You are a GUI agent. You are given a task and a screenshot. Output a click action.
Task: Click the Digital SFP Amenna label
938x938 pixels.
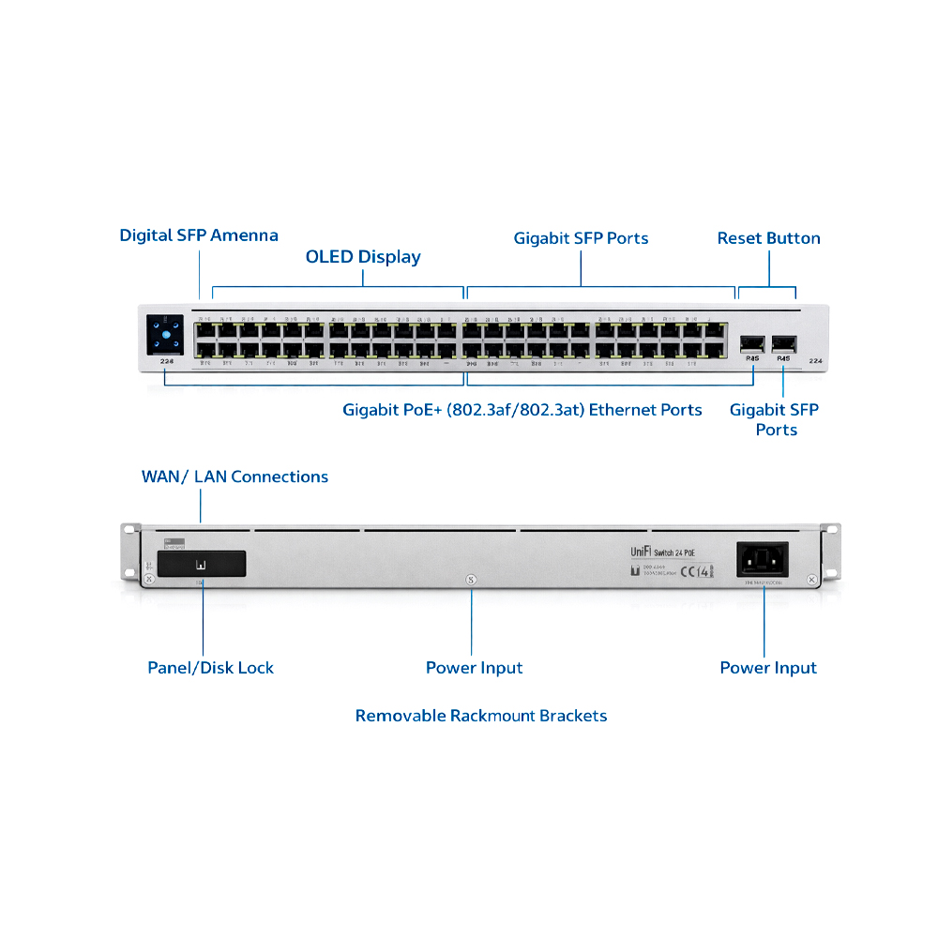(x=199, y=234)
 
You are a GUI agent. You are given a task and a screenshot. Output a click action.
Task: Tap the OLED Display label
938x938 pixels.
(x=363, y=256)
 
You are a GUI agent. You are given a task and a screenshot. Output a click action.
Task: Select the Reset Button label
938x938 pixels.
(x=768, y=238)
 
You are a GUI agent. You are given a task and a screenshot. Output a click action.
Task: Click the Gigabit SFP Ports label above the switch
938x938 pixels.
(x=581, y=238)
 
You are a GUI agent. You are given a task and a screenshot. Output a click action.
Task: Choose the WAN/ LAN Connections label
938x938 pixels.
(x=234, y=477)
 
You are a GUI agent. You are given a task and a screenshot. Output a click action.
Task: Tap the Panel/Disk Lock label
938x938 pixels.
(x=211, y=668)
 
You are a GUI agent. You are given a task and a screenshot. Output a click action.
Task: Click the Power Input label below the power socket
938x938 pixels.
(x=768, y=668)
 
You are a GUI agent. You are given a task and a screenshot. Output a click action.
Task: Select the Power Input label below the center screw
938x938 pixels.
(x=474, y=668)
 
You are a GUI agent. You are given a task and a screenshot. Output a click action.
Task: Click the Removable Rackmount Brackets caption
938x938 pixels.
(x=481, y=716)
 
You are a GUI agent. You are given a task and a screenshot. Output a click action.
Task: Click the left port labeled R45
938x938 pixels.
(x=751, y=343)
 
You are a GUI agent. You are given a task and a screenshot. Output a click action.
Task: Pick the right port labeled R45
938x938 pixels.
(x=783, y=343)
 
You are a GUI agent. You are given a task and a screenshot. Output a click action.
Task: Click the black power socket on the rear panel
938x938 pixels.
(x=763, y=561)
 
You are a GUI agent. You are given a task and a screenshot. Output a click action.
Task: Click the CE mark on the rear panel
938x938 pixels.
(x=689, y=568)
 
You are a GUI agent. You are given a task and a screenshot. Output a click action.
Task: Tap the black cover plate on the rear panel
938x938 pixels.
(x=202, y=564)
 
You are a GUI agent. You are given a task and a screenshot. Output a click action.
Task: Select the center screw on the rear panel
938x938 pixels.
(x=471, y=580)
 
